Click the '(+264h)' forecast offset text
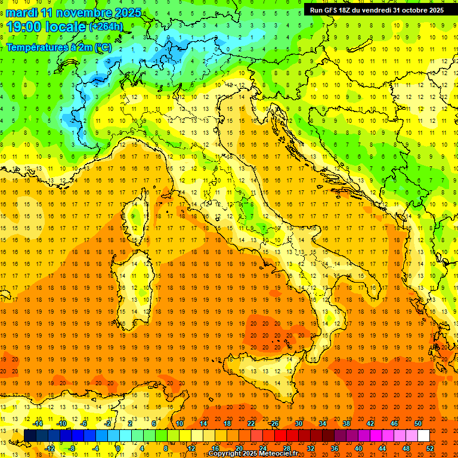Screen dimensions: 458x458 (106, 27)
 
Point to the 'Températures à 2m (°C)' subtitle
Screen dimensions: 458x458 (58, 47)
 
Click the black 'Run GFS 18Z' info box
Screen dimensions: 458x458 (376, 10)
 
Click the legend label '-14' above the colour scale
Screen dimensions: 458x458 (38, 423)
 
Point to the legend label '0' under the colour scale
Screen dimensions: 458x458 (118, 448)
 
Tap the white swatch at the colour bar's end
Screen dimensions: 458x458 (423, 436)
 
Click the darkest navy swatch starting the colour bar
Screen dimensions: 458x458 (30, 436)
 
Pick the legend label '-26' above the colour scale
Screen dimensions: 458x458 (274, 423)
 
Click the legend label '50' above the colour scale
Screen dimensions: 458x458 (418, 423)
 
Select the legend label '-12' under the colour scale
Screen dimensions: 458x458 (50, 448)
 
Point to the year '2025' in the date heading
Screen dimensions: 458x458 (128, 13)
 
